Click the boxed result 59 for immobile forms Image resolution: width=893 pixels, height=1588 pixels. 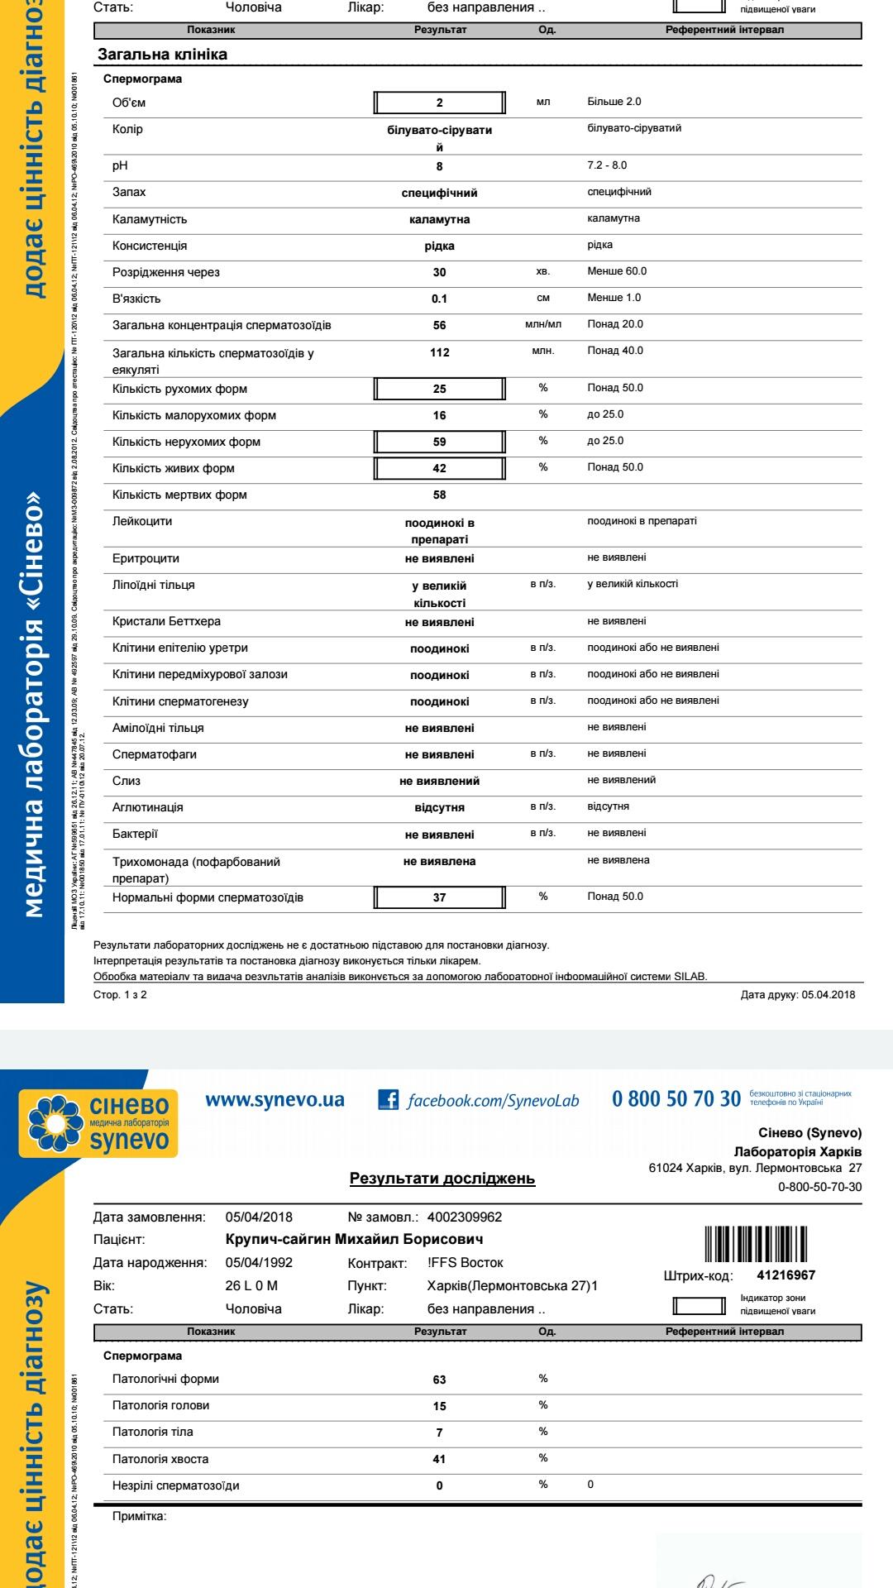[x=440, y=442]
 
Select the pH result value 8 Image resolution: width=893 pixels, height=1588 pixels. [x=440, y=166]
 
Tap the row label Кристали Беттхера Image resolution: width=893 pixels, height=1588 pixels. [x=167, y=621]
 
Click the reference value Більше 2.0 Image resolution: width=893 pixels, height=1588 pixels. [x=614, y=102]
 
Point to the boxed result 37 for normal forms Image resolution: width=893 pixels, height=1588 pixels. [x=440, y=897]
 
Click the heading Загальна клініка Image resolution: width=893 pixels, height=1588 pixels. [x=162, y=55]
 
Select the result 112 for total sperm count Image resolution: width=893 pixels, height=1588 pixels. [x=440, y=352]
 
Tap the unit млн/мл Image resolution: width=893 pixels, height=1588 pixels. [x=543, y=324]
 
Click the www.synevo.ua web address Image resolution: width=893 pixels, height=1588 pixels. [x=275, y=1099]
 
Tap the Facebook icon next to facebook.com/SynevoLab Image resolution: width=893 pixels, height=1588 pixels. [x=388, y=1099]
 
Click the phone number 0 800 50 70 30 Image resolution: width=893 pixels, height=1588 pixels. [x=676, y=1098]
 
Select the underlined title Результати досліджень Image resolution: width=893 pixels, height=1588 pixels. [x=442, y=1178]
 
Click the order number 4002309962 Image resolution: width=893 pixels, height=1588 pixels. [x=465, y=1217]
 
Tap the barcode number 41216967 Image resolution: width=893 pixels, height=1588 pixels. [x=786, y=1275]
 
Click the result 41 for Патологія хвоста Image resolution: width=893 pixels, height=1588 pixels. [x=440, y=1459]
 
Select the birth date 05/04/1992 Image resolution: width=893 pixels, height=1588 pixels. [x=259, y=1262]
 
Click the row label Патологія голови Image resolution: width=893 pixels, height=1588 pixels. [x=161, y=1405]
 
